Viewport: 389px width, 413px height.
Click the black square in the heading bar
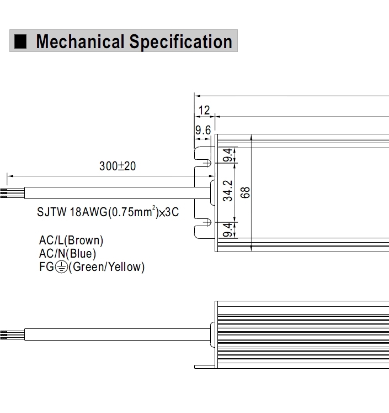pyautogui.click(x=20, y=41)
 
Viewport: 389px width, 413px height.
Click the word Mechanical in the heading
pyautogui.click(x=80, y=41)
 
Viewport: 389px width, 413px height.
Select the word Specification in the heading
pyautogui.click(x=181, y=41)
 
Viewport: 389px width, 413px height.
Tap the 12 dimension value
pyautogui.click(x=204, y=110)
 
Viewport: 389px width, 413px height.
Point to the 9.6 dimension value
pyautogui.click(x=203, y=130)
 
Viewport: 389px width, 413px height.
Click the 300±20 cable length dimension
pyautogui.click(x=118, y=166)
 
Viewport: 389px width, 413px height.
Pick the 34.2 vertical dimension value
pyautogui.click(x=228, y=191)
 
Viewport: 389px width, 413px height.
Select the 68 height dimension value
pyautogui.click(x=245, y=192)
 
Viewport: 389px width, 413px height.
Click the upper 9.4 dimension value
pyautogui.click(x=228, y=155)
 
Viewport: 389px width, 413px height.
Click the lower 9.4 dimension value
pyautogui.click(x=228, y=230)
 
